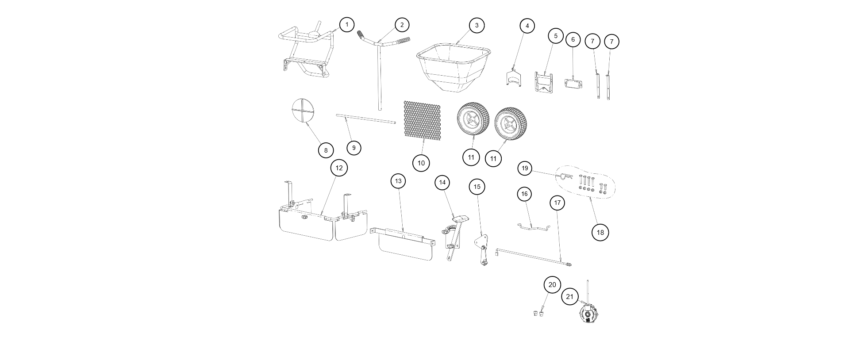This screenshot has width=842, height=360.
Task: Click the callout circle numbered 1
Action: pos(347,24)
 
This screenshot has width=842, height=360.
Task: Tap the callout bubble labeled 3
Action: pos(477,25)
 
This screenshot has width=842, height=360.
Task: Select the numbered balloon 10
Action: pos(421,163)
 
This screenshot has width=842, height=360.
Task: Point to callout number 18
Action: pos(600,232)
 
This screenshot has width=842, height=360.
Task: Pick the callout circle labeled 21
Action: pos(570,296)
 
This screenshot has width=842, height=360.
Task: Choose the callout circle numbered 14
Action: pos(442,182)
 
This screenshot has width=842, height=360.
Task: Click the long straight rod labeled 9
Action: pos(365,119)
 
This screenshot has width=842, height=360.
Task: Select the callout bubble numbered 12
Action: pos(339,168)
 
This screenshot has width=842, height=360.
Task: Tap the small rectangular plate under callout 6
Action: pos(573,83)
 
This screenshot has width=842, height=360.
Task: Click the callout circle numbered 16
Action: pos(524,194)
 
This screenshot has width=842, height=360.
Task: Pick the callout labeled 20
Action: pos(552,284)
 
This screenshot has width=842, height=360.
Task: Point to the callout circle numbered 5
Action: pos(556,36)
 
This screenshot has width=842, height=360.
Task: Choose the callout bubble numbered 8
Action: pos(326,150)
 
